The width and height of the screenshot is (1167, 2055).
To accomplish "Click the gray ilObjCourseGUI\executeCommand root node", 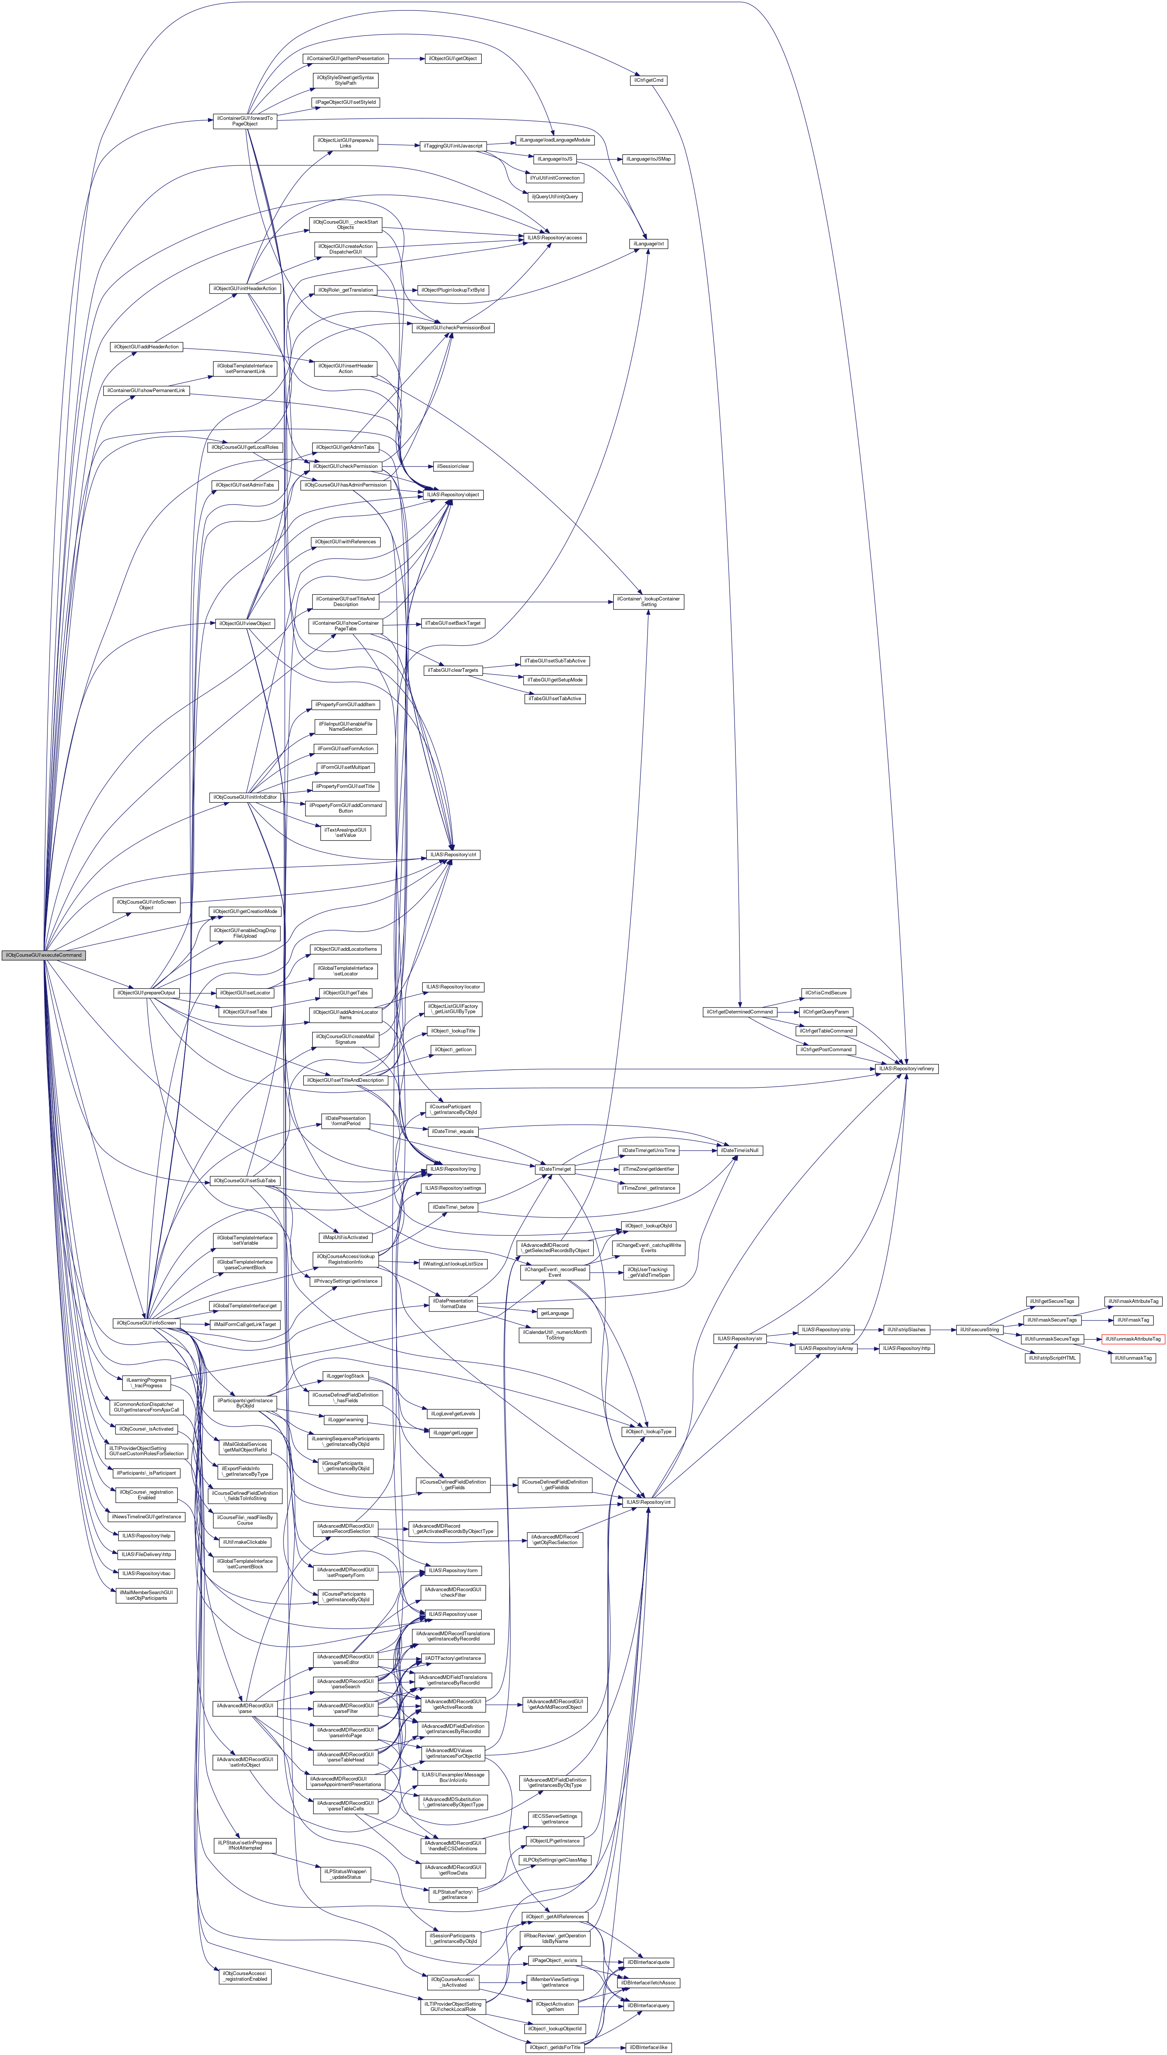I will pos(43,955).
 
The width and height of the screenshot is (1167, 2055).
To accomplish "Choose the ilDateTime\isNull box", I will pos(740,1150).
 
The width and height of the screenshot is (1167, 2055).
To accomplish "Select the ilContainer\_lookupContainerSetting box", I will pos(648,601).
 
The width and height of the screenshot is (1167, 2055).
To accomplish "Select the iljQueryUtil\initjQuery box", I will pos(554,196).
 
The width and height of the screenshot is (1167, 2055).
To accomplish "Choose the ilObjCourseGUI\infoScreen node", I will pos(145,1322).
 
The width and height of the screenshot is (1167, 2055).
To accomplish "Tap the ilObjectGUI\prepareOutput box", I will pos(145,993).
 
